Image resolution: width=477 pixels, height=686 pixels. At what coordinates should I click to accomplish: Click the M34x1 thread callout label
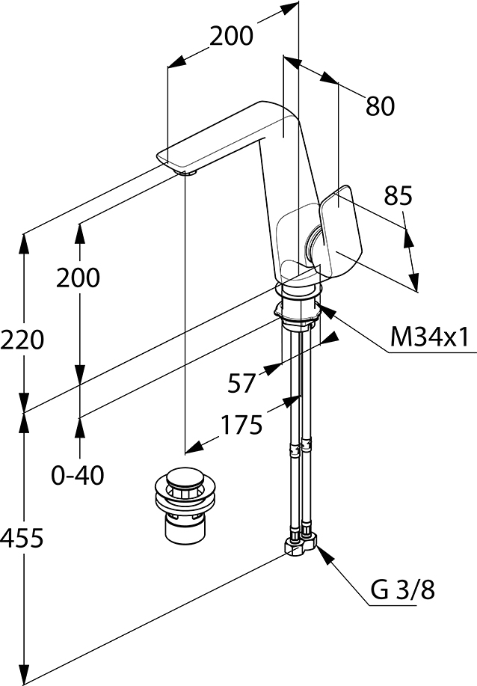429,337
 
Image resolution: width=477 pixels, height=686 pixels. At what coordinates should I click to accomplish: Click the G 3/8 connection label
403,589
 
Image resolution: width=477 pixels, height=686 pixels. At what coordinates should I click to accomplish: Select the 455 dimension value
22,538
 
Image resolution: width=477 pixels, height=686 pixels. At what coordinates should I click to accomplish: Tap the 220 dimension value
22,340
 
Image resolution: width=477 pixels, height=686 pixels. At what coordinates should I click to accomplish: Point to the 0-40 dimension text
78,475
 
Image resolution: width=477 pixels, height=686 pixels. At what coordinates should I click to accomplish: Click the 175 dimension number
241,424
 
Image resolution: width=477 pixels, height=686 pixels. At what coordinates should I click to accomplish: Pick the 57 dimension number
241,383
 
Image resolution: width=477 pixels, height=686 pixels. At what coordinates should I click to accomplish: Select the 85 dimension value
398,195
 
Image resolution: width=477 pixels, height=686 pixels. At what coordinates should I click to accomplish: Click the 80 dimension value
380,106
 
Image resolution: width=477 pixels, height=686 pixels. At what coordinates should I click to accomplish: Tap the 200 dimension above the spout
231,36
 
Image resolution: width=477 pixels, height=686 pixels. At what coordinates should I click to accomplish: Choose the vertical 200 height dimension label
78,278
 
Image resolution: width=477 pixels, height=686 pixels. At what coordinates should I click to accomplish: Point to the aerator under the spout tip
186,172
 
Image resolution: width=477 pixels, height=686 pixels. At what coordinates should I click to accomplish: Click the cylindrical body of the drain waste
185,528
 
